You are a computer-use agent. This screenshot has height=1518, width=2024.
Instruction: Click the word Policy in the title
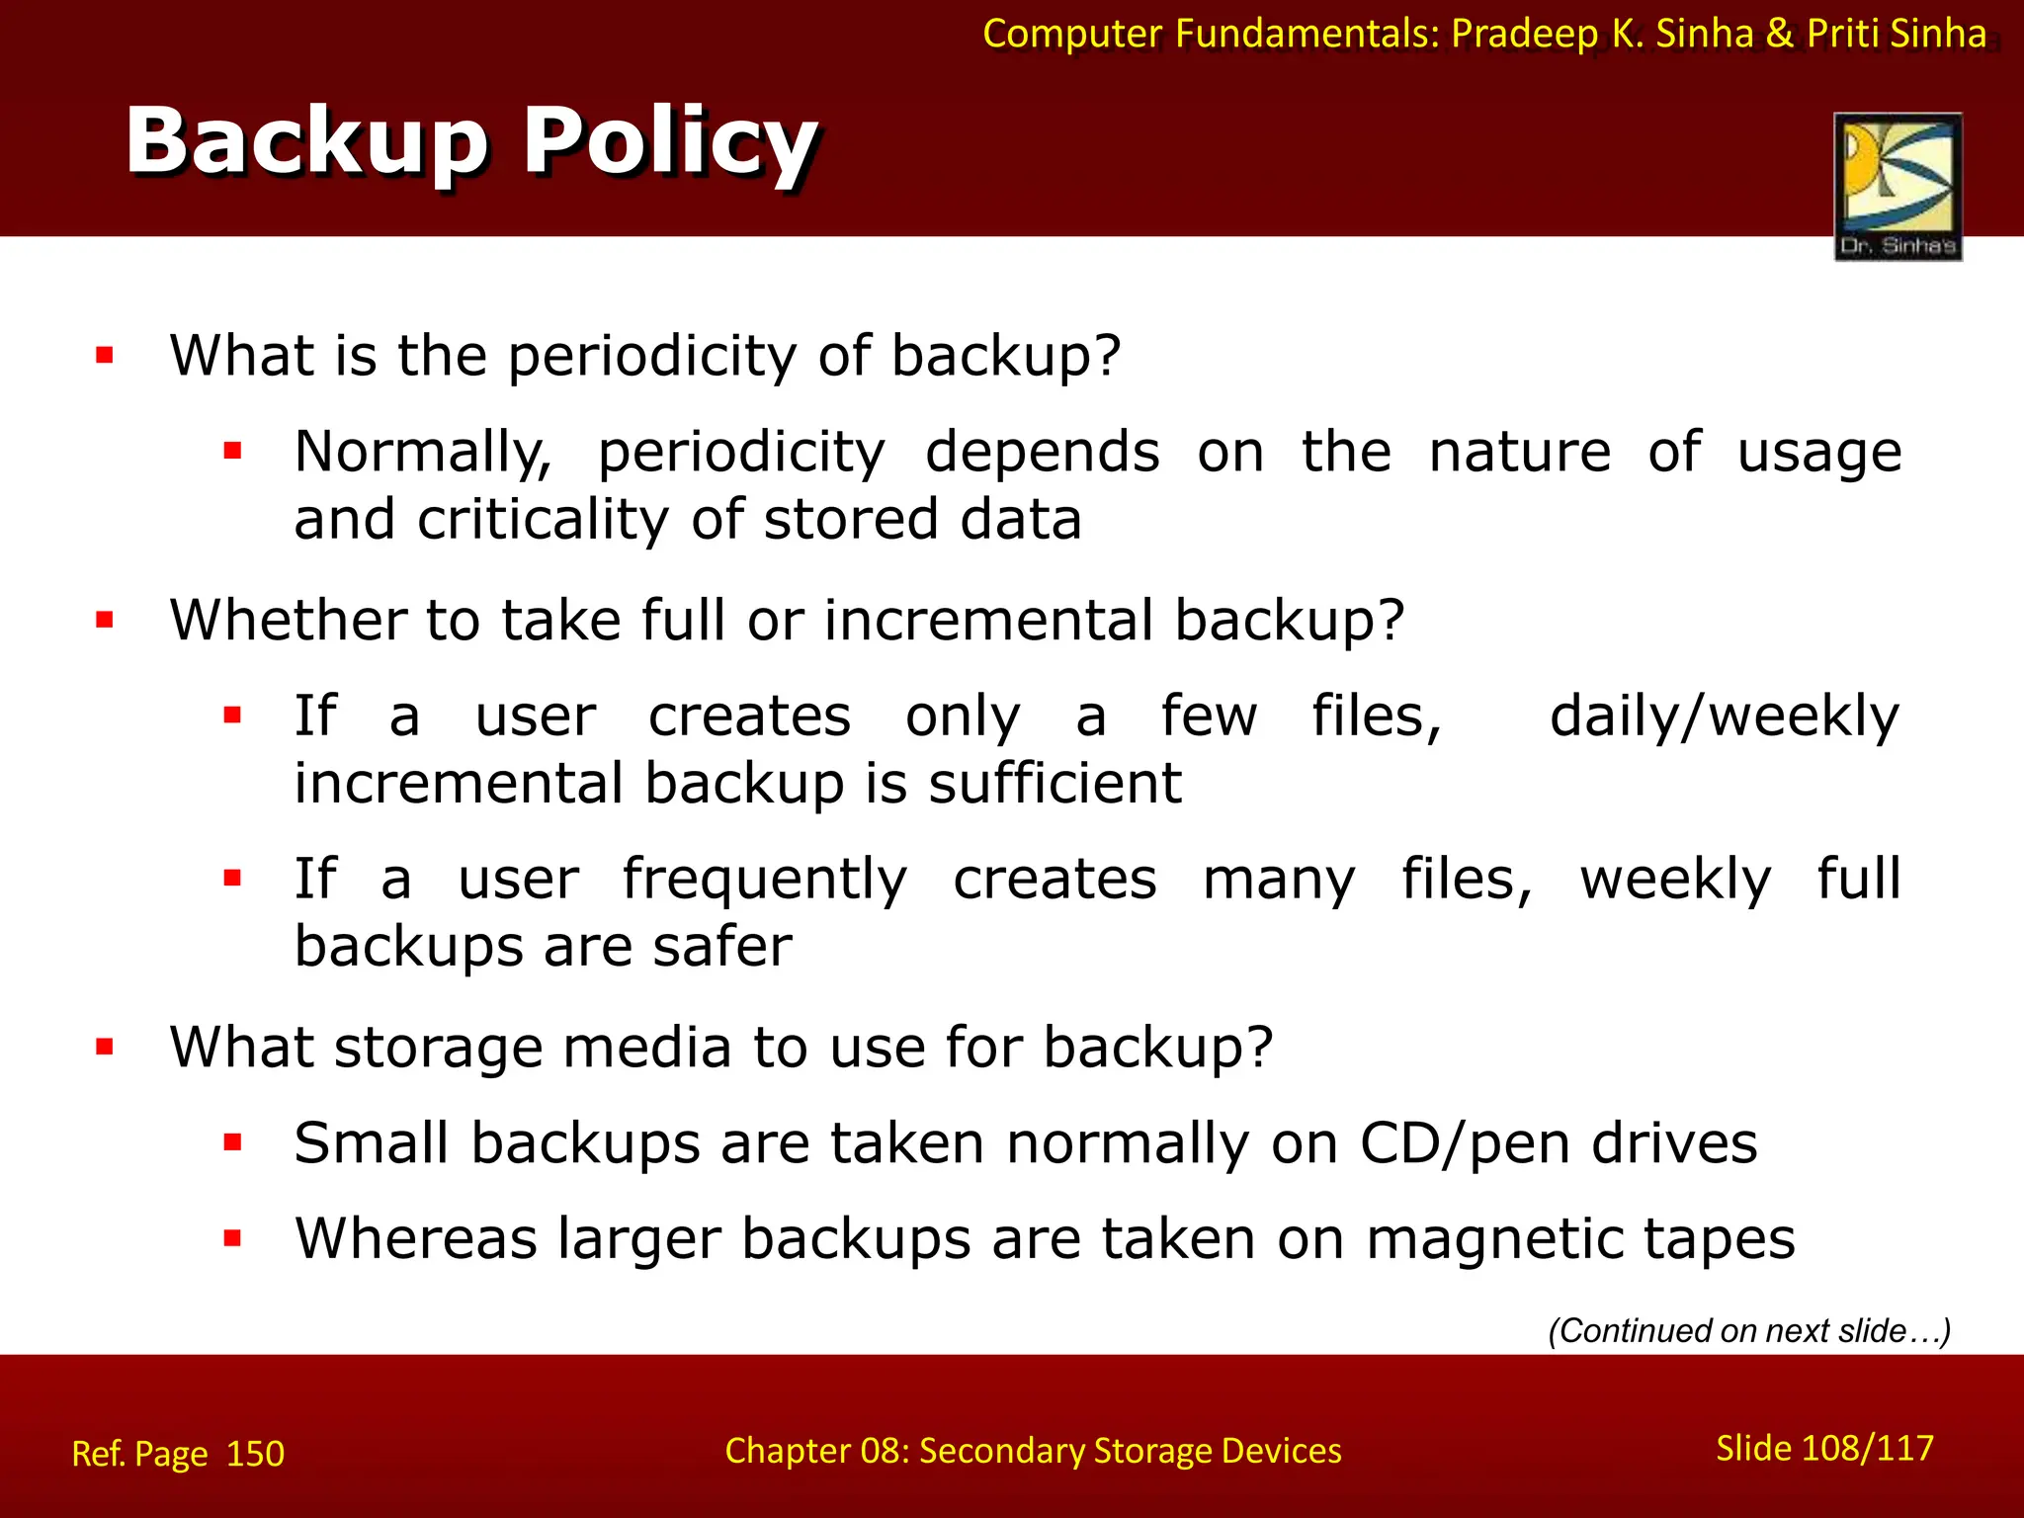670,143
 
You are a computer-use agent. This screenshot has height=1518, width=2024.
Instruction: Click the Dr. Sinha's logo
1897,186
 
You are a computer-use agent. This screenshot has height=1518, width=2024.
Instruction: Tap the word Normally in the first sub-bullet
423,454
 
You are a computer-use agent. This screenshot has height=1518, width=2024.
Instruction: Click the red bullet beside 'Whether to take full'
105,621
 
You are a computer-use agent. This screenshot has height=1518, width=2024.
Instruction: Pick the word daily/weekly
1724,717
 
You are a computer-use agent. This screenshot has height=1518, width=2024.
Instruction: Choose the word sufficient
1054,784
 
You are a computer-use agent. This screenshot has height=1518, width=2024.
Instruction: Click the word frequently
764,880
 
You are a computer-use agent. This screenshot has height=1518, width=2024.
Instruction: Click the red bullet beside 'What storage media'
105,1047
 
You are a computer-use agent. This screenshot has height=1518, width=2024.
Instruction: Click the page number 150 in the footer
255,1454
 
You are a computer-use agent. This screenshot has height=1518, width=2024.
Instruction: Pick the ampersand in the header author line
1779,34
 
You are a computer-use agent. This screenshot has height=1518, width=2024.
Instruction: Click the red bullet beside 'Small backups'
233,1143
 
